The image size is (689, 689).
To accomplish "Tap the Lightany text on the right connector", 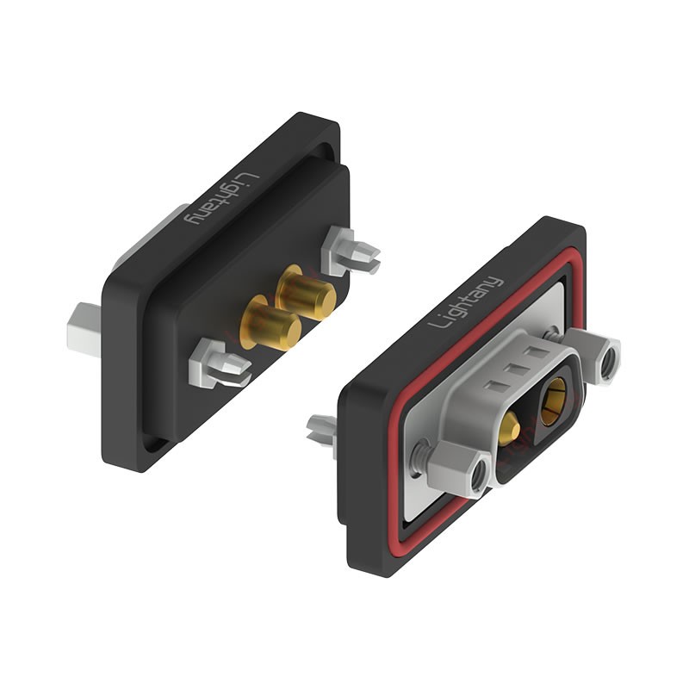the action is tap(467, 302).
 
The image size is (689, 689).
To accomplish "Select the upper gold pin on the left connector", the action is tap(307, 293).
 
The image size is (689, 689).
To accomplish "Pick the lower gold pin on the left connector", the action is tap(272, 323).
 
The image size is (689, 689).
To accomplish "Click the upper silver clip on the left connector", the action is tap(350, 251).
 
